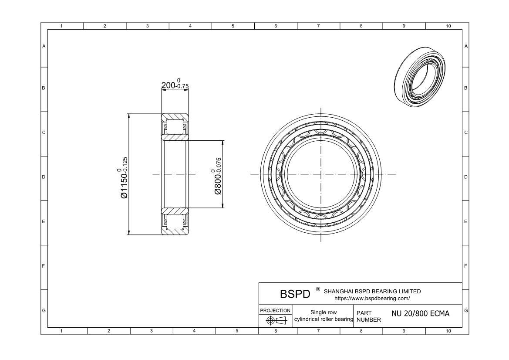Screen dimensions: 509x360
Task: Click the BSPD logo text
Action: pos(295,294)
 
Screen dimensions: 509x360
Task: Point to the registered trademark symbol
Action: pos(318,289)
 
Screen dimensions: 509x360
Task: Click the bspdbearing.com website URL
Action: pos(372,298)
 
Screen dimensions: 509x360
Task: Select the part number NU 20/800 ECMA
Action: pos(420,313)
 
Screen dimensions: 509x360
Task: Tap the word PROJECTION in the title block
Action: pos(275,311)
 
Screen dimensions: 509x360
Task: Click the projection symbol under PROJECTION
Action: pos(276,321)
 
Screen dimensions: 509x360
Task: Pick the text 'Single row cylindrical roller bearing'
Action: pos(324,316)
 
